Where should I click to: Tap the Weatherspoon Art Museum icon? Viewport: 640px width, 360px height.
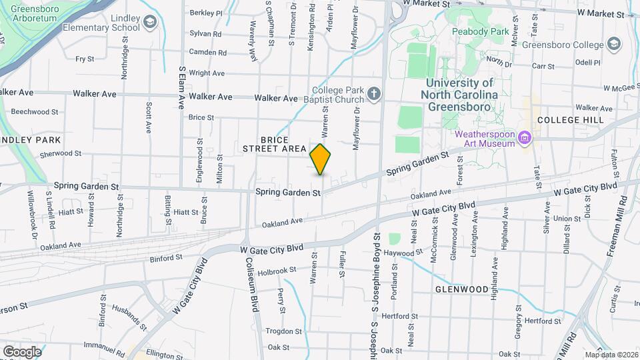pos(525,138)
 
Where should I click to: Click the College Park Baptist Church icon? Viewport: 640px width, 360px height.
pos(374,95)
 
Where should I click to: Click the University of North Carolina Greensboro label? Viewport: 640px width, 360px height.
pos(460,94)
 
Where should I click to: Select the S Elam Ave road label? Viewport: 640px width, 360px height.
pos(182,87)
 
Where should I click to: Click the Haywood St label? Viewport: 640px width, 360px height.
pos(403,253)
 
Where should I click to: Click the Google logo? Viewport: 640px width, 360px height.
pos(22,351)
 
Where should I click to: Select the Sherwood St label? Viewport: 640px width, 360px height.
pos(61,153)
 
